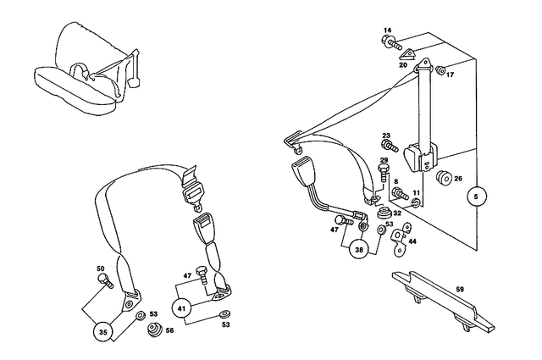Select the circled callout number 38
point(361,250)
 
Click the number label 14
point(388,31)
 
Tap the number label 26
point(458,179)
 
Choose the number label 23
point(385,136)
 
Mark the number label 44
point(412,241)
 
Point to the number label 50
point(101,270)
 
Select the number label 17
point(451,75)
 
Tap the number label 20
point(403,64)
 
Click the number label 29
point(383,161)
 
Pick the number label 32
point(396,213)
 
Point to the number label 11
point(416,193)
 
